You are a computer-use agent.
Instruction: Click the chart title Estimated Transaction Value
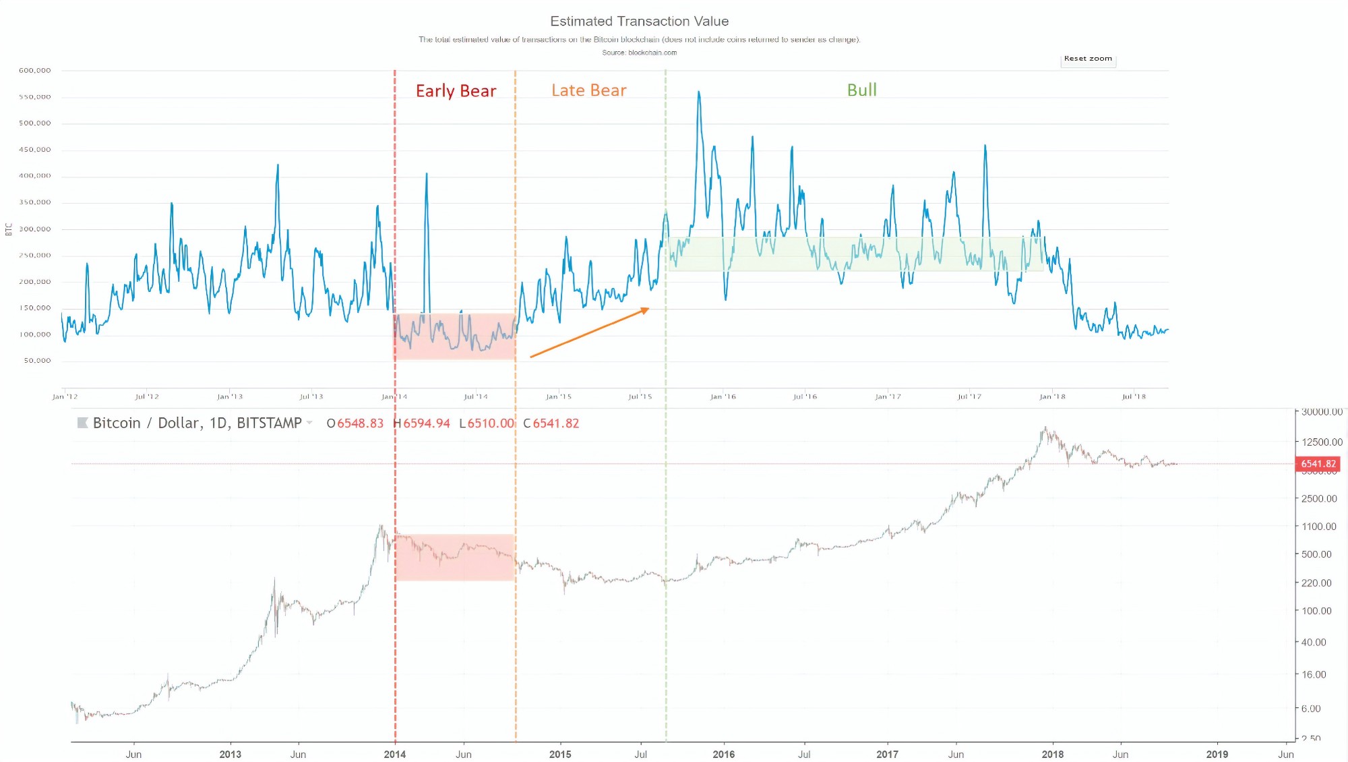point(639,22)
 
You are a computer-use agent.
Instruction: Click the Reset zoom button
point(1088,59)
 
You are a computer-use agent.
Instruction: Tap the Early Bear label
point(456,91)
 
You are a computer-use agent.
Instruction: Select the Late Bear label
point(588,90)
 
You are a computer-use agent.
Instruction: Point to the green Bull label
point(861,90)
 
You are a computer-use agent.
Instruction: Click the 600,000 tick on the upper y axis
point(35,70)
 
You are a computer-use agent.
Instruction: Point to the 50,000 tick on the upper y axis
point(37,361)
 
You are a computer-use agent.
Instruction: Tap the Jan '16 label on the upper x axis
point(723,397)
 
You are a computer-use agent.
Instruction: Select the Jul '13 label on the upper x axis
point(311,397)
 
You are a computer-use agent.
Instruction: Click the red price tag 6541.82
point(1318,464)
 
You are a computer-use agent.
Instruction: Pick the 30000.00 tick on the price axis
point(1322,412)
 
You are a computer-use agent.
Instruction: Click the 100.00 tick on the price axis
point(1316,611)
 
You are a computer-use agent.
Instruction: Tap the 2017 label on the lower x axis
point(887,754)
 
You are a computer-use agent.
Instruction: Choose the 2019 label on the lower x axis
point(1217,754)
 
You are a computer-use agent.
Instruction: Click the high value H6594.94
point(422,423)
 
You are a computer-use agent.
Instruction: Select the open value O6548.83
point(355,423)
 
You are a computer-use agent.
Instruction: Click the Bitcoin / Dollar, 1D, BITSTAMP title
point(197,423)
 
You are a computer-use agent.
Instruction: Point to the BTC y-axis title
point(9,229)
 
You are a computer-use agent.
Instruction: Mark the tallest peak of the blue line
point(699,92)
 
